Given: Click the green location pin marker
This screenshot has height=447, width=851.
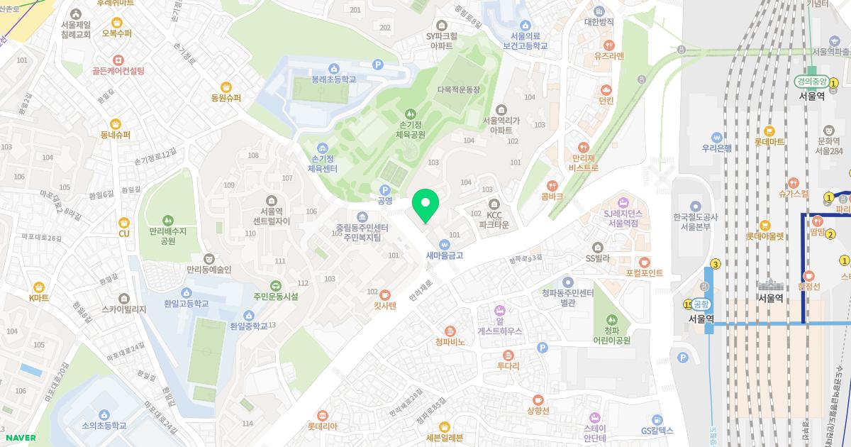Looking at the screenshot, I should [x=425, y=206].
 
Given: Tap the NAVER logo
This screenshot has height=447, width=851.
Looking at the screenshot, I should [x=18, y=438].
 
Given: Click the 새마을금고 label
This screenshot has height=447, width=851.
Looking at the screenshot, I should [x=445, y=255].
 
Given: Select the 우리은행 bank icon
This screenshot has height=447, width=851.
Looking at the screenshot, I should [x=717, y=136].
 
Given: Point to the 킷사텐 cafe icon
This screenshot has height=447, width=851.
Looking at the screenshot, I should [x=385, y=294].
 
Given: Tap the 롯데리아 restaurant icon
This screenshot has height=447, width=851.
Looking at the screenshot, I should [x=323, y=415].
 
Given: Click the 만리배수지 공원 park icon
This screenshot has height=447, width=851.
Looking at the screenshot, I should [x=167, y=219].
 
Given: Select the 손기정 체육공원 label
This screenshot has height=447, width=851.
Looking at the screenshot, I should [x=410, y=129].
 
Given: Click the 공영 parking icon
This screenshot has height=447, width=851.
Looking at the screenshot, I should [x=385, y=189].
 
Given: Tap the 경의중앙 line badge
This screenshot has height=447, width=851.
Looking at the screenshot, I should [x=811, y=81].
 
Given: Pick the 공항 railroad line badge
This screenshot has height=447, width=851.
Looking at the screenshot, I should [x=701, y=304].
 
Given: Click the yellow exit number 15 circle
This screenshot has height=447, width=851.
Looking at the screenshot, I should [x=687, y=304].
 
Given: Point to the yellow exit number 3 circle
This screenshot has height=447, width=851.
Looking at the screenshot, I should [x=716, y=265].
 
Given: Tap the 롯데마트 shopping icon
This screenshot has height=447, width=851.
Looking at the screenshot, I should [x=769, y=131].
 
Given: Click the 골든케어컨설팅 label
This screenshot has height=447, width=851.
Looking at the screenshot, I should [x=118, y=71].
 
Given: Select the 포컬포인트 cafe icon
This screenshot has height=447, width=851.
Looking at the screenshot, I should [x=644, y=262].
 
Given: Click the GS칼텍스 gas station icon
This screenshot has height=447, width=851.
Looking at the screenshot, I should [x=657, y=419].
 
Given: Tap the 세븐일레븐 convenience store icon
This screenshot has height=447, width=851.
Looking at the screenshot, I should [x=445, y=426].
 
